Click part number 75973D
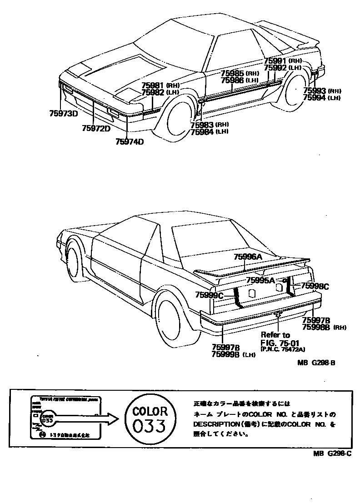point(63,113)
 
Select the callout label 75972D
point(96,128)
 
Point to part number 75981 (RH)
point(160,85)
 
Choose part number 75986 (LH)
point(239,80)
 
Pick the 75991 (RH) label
point(282,60)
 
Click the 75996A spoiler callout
point(248,257)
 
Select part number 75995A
point(260,280)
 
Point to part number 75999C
point(209,295)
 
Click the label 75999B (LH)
point(232,354)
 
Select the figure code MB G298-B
point(316,363)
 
